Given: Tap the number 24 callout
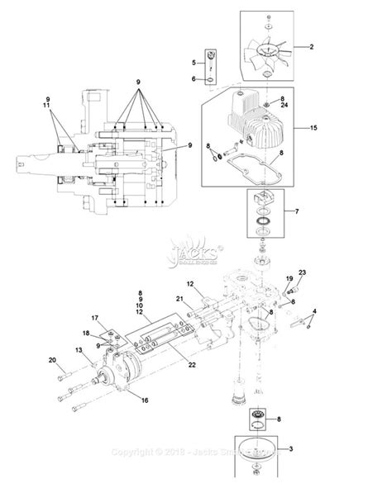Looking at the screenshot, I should (283, 106).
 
